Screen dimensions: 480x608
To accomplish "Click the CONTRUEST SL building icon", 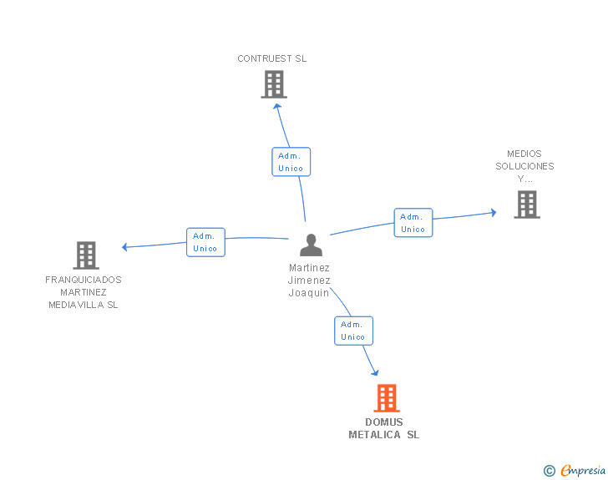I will point(274,84).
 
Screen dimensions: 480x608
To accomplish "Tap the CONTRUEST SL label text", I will point(272,59).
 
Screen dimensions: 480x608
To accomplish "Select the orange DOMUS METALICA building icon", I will point(386,398).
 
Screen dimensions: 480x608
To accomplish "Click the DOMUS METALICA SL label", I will point(384,428).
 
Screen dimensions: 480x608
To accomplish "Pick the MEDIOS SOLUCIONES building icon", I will point(526,205).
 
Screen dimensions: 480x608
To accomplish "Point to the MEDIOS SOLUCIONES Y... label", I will point(524,166).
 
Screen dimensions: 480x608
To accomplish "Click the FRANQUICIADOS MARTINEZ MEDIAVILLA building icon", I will point(85,255).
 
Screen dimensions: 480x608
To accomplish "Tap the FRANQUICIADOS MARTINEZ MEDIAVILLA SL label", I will point(84,292).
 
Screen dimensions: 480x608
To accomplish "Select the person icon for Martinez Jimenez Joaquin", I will point(311,245).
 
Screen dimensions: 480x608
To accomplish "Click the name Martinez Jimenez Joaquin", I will point(310,280).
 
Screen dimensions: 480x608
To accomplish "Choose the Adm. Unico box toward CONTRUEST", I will point(291,162).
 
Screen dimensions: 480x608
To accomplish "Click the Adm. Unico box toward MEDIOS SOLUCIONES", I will point(413,223).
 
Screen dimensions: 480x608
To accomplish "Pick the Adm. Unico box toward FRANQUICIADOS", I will point(205,242).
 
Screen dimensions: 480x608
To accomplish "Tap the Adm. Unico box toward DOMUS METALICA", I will point(353,331).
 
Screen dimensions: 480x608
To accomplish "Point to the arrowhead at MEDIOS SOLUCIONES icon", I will point(493,213).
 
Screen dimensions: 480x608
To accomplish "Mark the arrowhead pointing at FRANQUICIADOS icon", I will point(125,247).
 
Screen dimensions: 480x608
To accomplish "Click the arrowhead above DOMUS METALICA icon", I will point(375,372).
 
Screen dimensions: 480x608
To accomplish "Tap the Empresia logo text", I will point(583,470).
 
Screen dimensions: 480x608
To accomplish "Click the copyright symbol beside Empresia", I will point(550,471).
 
